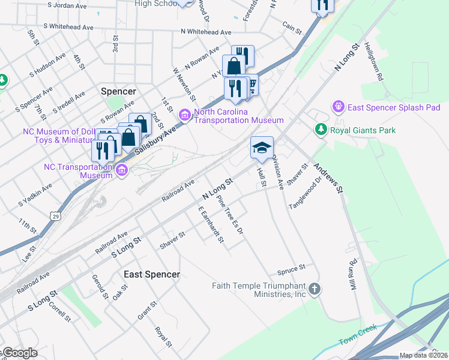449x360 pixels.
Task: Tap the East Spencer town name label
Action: pyautogui.click(x=151, y=274)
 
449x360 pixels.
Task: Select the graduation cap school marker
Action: pyautogui.click(x=262, y=148)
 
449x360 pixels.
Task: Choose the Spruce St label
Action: pyautogui.click(x=292, y=266)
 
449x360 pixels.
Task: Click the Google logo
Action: pyautogui.click(x=19, y=353)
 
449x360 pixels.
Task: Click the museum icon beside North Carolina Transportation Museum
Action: pyautogui.click(x=184, y=115)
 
